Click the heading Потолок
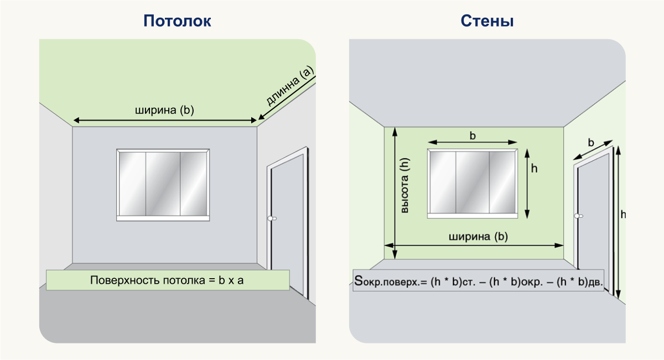click(x=177, y=21)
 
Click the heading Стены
click(x=487, y=21)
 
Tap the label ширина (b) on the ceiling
click(x=164, y=110)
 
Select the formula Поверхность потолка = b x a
click(x=167, y=280)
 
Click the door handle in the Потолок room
click(x=272, y=218)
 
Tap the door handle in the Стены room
click(x=578, y=216)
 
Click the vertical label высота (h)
click(x=404, y=185)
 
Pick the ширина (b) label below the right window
click(x=478, y=237)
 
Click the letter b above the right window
click(x=473, y=135)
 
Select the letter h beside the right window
click(x=534, y=168)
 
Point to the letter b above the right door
click(x=591, y=143)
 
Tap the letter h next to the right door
click(x=623, y=214)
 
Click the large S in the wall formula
click(x=359, y=280)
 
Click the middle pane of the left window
click(x=163, y=184)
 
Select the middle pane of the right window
click(x=473, y=182)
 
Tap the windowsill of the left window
click(x=163, y=218)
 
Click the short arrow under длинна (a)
click(x=287, y=98)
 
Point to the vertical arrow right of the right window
click(x=527, y=184)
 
